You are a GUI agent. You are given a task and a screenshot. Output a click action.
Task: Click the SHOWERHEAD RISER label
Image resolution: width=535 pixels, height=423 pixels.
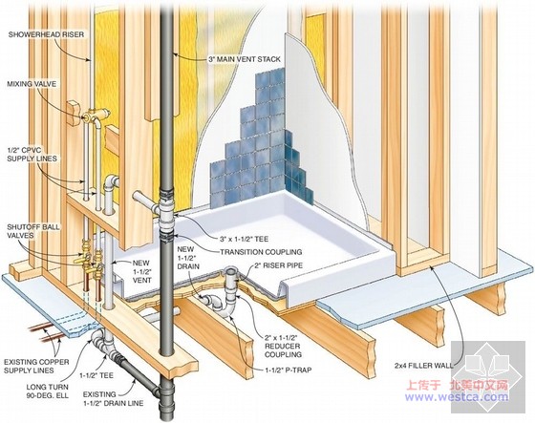point(46,34)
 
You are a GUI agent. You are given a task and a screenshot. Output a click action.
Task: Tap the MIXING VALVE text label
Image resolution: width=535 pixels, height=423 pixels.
point(32,84)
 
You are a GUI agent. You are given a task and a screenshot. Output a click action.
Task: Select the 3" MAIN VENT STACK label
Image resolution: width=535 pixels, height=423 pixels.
point(245,59)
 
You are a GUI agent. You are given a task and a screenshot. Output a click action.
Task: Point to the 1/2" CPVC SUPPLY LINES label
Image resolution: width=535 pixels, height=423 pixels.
point(32,154)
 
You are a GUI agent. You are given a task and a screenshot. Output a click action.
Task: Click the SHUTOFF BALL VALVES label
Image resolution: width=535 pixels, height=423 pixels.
point(33,231)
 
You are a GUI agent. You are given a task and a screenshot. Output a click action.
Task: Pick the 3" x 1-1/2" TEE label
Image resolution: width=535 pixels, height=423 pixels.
point(244,239)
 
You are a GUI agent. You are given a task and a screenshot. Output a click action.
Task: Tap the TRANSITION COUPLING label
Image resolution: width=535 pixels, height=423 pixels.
point(261,252)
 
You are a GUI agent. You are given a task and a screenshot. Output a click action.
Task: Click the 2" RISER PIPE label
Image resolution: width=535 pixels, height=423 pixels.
point(278,265)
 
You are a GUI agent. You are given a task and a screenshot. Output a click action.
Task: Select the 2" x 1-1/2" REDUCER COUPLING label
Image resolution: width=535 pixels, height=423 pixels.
point(283,346)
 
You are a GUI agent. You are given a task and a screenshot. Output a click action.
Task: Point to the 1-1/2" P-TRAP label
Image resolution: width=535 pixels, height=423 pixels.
point(289,370)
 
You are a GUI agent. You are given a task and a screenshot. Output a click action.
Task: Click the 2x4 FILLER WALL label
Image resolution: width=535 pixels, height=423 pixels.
point(424,366)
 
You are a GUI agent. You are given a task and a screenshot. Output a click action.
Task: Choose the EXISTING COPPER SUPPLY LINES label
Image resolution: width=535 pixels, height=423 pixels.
point(36,366)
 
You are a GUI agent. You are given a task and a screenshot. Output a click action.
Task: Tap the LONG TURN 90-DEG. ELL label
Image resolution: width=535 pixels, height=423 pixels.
point(48,391)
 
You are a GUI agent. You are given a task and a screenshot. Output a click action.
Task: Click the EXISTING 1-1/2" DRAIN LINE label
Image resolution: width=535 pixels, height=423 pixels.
point(113,399)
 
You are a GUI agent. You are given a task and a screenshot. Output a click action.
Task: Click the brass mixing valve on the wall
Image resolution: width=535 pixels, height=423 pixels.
point(96,116)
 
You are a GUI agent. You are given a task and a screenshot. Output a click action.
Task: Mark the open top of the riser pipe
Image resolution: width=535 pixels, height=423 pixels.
point(232,272)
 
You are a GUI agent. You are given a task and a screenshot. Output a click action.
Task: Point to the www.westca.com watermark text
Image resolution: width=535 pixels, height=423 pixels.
point(457,396)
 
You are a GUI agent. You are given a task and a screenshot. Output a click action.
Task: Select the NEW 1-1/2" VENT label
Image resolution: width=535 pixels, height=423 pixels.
point(141,271)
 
